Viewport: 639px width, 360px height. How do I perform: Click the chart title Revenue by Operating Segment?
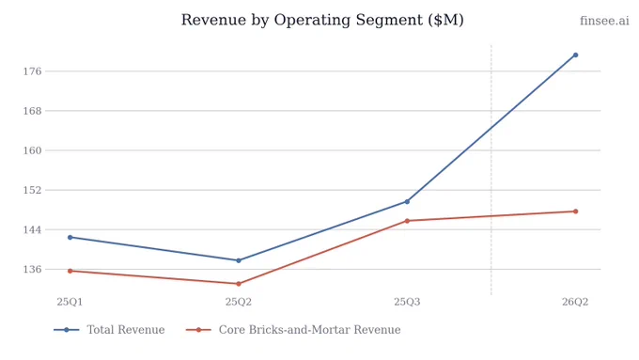coord(322,20)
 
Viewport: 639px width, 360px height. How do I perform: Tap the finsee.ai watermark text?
coord(604,21)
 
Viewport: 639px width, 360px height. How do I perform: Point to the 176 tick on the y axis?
coord(32,71)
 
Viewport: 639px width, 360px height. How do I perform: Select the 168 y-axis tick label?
coord(32,111)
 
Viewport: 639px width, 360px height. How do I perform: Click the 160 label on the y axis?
coord(32,150)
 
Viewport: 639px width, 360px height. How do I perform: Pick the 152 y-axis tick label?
coord(32,190)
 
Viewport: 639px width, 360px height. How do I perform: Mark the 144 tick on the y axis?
coord(32,229)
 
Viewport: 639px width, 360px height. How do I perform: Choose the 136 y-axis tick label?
coord(32,269)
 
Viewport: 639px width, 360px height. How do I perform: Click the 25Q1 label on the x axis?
coord(70,302)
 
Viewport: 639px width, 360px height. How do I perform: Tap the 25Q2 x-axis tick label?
coord(239,302)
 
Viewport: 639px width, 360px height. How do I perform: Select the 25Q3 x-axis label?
coord(407,302)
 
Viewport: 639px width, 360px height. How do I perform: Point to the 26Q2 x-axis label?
coord(575,302)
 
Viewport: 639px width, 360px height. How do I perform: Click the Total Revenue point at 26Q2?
coord(575,55)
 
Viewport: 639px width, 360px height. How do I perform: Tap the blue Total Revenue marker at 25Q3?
coord(407,201)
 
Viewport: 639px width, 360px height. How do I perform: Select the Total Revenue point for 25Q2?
coord(239,260)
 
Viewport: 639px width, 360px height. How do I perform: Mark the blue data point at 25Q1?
coord(70,237)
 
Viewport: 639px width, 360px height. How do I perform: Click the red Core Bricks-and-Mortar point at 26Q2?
coord(575,211)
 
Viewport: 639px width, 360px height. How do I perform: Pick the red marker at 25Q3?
coord(407,221)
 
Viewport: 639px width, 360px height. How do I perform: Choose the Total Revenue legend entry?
coord(109,329)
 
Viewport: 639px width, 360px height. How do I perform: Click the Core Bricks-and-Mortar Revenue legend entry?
coord(293,329)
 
